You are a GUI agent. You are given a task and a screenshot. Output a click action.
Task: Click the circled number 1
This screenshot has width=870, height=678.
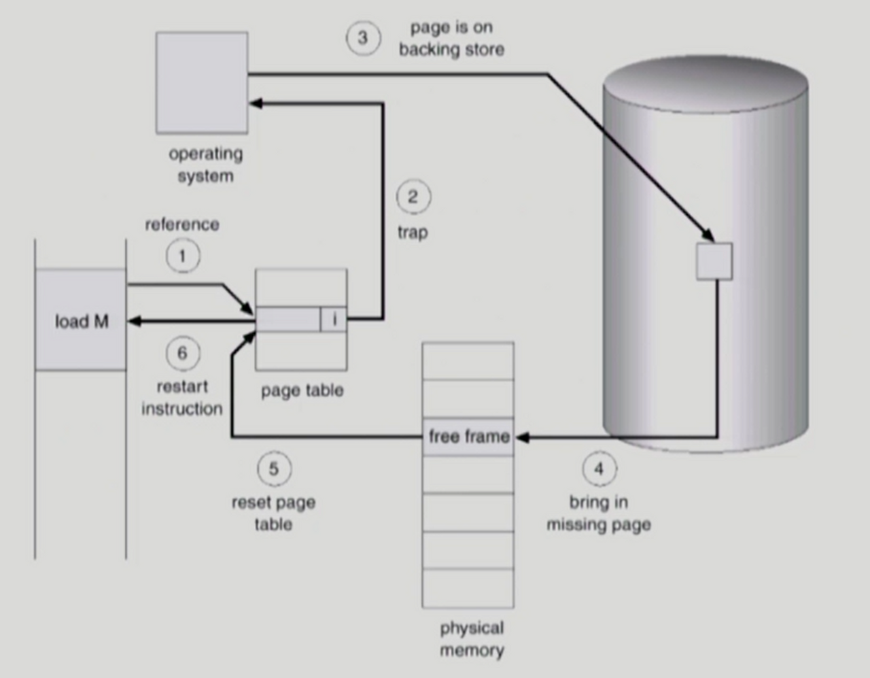coord(182,256)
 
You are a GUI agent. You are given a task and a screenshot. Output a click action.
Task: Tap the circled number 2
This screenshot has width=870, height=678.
coord(413,197)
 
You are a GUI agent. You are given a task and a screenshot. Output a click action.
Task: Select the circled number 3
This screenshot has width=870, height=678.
coord(362,38)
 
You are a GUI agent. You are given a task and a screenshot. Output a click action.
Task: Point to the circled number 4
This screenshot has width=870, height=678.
coord(599,469)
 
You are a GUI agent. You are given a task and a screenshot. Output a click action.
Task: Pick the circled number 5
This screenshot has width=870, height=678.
coord(273,469)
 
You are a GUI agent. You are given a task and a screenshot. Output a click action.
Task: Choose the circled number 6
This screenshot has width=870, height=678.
coord(182,353)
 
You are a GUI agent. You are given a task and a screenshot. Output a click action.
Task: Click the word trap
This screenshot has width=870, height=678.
coord(413,232)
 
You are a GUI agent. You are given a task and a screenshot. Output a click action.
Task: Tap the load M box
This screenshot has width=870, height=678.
coord(81,320)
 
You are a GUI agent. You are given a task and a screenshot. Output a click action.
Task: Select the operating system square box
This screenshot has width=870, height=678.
coord(202,82)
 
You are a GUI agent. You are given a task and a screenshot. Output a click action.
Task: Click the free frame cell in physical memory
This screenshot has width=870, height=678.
coord(468,436)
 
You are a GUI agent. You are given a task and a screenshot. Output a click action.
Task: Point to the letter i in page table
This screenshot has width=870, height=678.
coord(334,319)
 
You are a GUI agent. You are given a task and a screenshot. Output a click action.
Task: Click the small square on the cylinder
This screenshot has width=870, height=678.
coord(714,261)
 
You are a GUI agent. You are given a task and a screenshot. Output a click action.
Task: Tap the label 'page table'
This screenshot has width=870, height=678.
coord(302,390)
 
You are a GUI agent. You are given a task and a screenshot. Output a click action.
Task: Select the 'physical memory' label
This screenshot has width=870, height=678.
coord(472,639)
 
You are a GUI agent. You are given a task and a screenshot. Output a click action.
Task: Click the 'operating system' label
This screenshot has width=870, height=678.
coord(205,165)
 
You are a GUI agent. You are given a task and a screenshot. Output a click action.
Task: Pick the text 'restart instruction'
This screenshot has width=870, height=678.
coord(182,398)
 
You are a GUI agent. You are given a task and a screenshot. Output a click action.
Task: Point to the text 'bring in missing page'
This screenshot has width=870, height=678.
coord(599,513)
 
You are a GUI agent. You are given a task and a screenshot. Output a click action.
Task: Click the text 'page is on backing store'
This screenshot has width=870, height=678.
coord(451,39)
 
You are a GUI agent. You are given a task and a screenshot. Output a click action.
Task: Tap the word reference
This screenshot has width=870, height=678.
coord(181,224)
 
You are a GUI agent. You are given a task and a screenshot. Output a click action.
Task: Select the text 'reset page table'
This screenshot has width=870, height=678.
coord(273,513)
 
